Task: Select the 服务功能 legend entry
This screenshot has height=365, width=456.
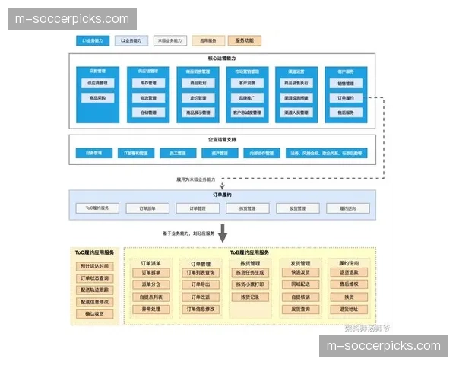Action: coord(243,40)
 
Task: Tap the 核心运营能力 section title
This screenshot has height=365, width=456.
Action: coord(221,59)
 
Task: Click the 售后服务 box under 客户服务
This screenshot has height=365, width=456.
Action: coord(345,113)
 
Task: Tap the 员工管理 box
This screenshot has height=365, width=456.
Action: coord(176,153)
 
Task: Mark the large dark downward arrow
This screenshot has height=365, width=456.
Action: coord(223,232)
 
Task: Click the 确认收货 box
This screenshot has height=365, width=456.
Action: coord(95,313)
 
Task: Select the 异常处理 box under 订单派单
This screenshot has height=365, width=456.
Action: coord(151,309)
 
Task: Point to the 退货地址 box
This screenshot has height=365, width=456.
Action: coord(348,309)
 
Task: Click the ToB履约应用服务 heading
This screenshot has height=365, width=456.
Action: coord(249,252)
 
